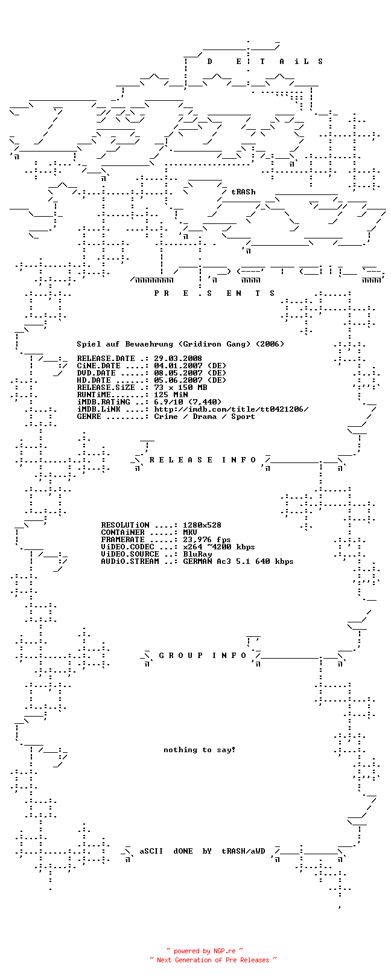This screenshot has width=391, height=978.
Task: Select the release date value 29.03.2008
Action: point(178,359)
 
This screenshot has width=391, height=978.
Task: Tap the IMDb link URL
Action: point(231,409)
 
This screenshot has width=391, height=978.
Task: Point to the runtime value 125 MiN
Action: point(171,395)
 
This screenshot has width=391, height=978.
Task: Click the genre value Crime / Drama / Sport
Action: point(205,417)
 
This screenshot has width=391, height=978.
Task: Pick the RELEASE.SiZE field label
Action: point(106,387)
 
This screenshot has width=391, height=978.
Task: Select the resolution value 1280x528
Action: point(202,525)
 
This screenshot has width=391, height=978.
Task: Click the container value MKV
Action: point(190,532)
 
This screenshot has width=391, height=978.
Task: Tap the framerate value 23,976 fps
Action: point(207,540)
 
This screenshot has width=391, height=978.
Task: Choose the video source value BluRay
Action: point(197,554)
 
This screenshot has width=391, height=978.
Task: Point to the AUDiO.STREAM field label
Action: point(130,561)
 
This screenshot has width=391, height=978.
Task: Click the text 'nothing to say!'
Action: point(200,750)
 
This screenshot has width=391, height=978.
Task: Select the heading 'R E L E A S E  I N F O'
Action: point(203,460)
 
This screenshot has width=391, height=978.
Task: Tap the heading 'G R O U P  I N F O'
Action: point(203,656)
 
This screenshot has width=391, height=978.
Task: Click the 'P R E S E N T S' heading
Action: point(214,293)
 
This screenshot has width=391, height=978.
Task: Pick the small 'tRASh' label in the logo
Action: point(244,191)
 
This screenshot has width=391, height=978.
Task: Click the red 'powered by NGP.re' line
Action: point(205,951)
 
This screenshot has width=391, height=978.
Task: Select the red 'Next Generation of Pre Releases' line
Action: point(213,960)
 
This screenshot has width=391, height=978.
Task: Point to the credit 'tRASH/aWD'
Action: point(244,851)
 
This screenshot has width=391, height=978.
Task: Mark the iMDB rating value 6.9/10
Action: point(168,401)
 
